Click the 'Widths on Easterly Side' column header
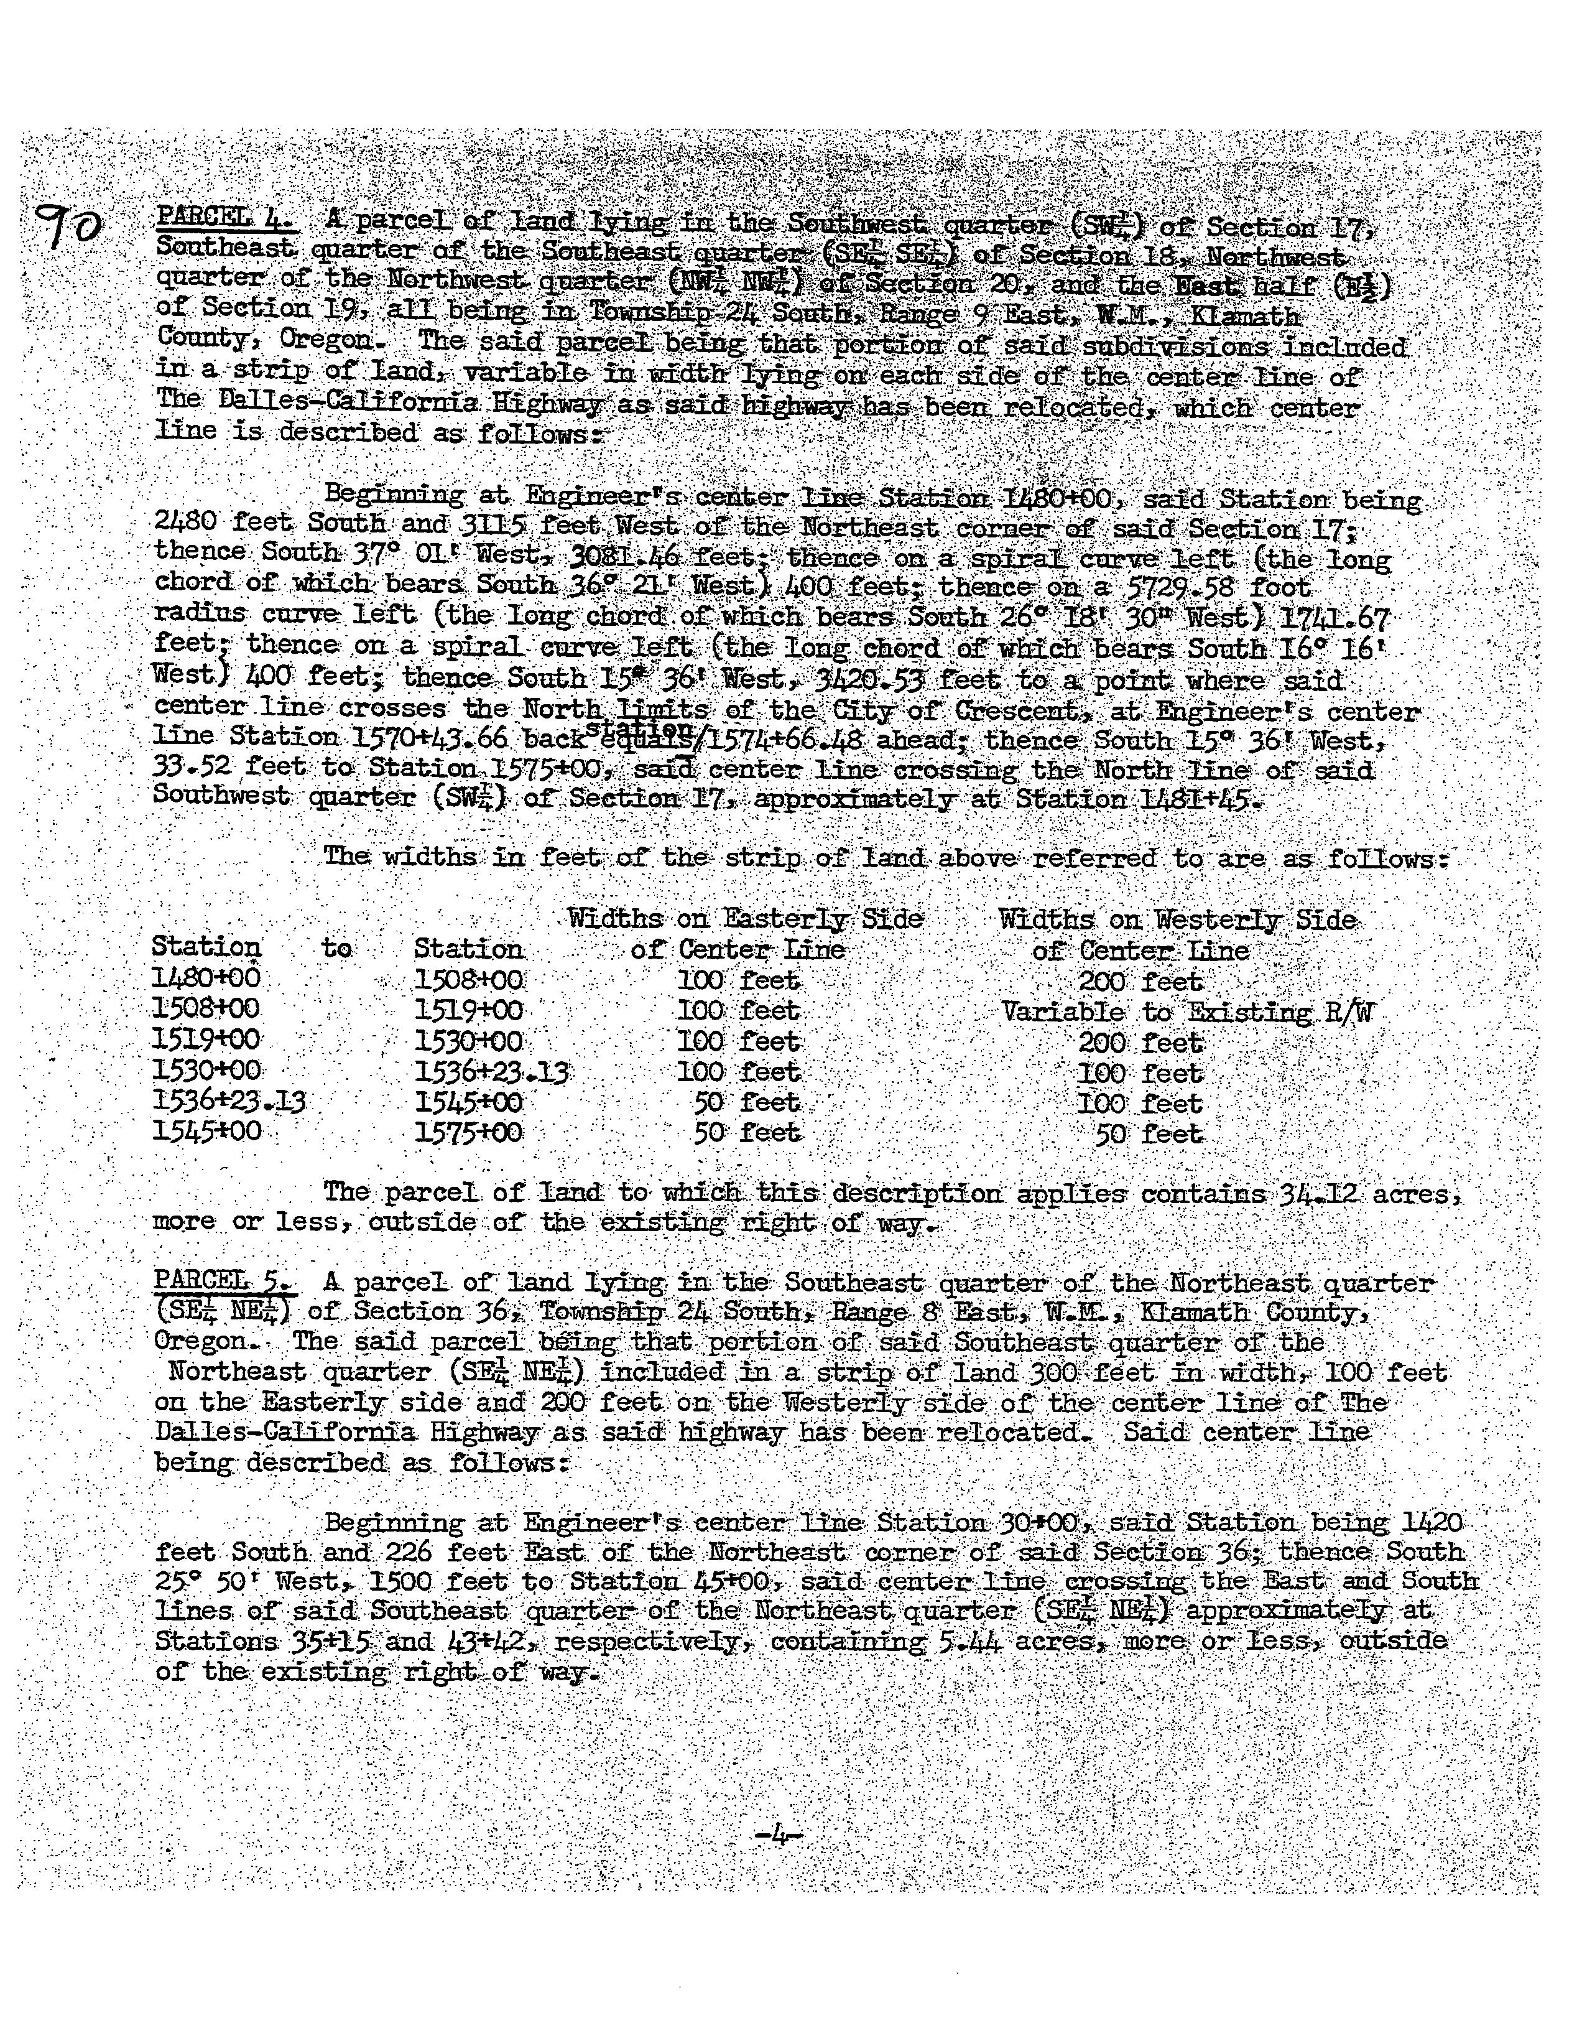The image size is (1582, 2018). pyautogui.click(x=746, y=919)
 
